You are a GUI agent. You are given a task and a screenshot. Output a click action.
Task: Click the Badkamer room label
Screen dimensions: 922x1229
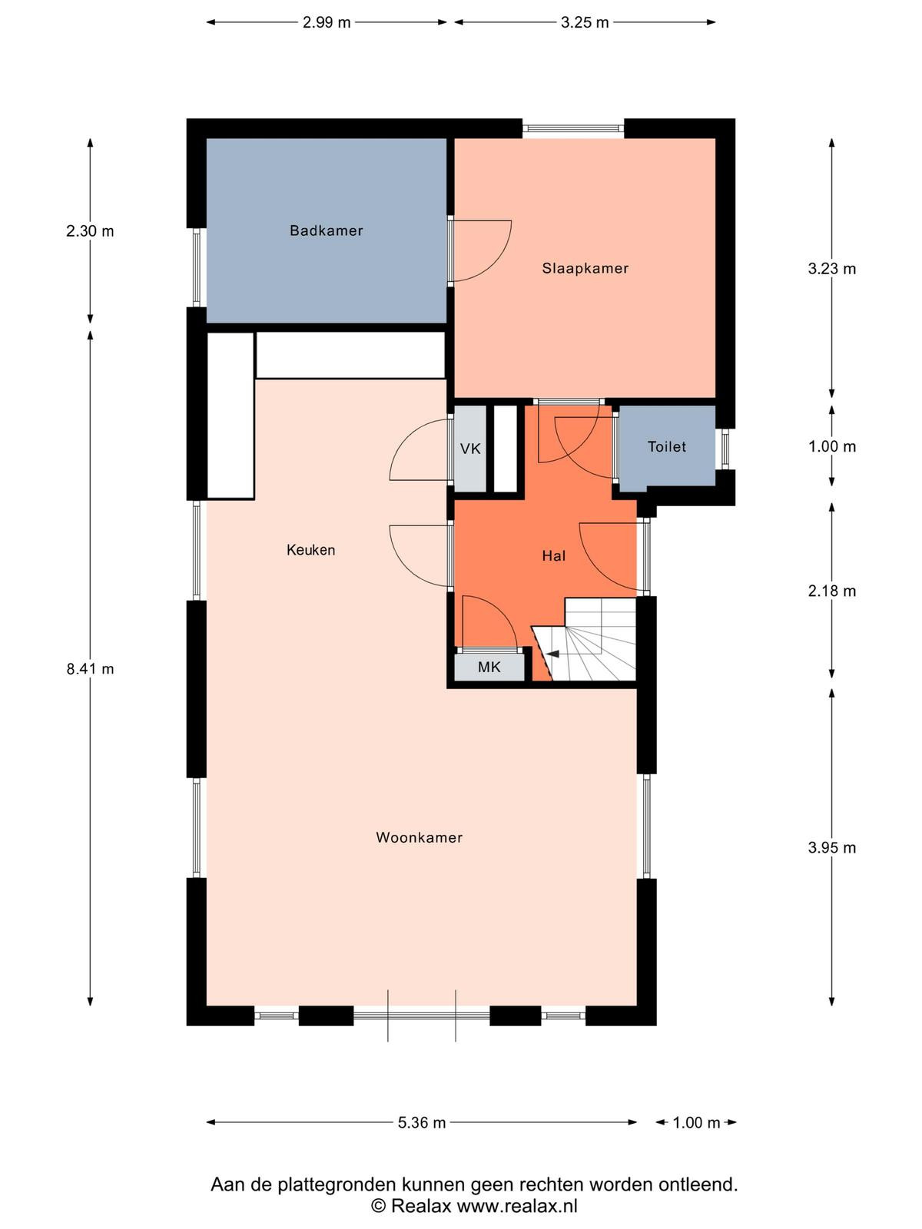[x=327, y=230]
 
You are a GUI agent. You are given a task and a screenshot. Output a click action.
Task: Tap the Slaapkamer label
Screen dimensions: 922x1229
[x=585, y=268]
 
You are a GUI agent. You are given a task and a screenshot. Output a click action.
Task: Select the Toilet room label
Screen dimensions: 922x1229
[x=667, y=446]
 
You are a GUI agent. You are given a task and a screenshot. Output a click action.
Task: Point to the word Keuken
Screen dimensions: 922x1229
[x=310, y=550]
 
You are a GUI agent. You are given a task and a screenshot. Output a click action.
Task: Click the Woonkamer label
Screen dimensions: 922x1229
[x=420, y=837]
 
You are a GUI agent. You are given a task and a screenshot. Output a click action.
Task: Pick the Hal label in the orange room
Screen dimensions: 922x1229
[x=554, y=555]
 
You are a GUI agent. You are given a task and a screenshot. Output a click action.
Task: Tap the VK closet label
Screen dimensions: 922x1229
[x=470, y=449]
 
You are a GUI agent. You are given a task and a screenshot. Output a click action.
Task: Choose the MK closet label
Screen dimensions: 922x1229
[x=489, y=667]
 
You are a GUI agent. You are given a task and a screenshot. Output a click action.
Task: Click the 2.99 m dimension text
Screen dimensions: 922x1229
[x=327, y=22]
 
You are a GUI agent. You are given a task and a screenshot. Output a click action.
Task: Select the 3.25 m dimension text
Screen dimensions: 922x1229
[x=585, y=22]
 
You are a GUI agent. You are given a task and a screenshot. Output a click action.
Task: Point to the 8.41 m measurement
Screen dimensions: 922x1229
[x=90, y=668]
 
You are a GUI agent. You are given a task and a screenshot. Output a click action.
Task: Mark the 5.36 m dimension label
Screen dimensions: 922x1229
[x=422, y=1134]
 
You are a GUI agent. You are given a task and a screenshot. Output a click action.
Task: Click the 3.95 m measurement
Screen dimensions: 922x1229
[x=832, y=848]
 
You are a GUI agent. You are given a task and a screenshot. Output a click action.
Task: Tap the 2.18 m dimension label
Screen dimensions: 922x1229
[x=832, y=591]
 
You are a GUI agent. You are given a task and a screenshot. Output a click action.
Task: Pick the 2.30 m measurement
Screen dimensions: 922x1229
[x=90, y=230]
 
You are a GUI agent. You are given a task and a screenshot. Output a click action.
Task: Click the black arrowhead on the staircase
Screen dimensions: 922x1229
[x=553, y=654]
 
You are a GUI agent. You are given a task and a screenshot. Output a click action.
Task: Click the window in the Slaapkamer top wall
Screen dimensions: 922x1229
[x=573, y=128]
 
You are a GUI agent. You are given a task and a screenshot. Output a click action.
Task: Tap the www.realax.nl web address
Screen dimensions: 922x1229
[x=517, y=1205]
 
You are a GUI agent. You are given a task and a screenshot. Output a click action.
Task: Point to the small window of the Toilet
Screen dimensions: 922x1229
[x=725, y=449]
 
